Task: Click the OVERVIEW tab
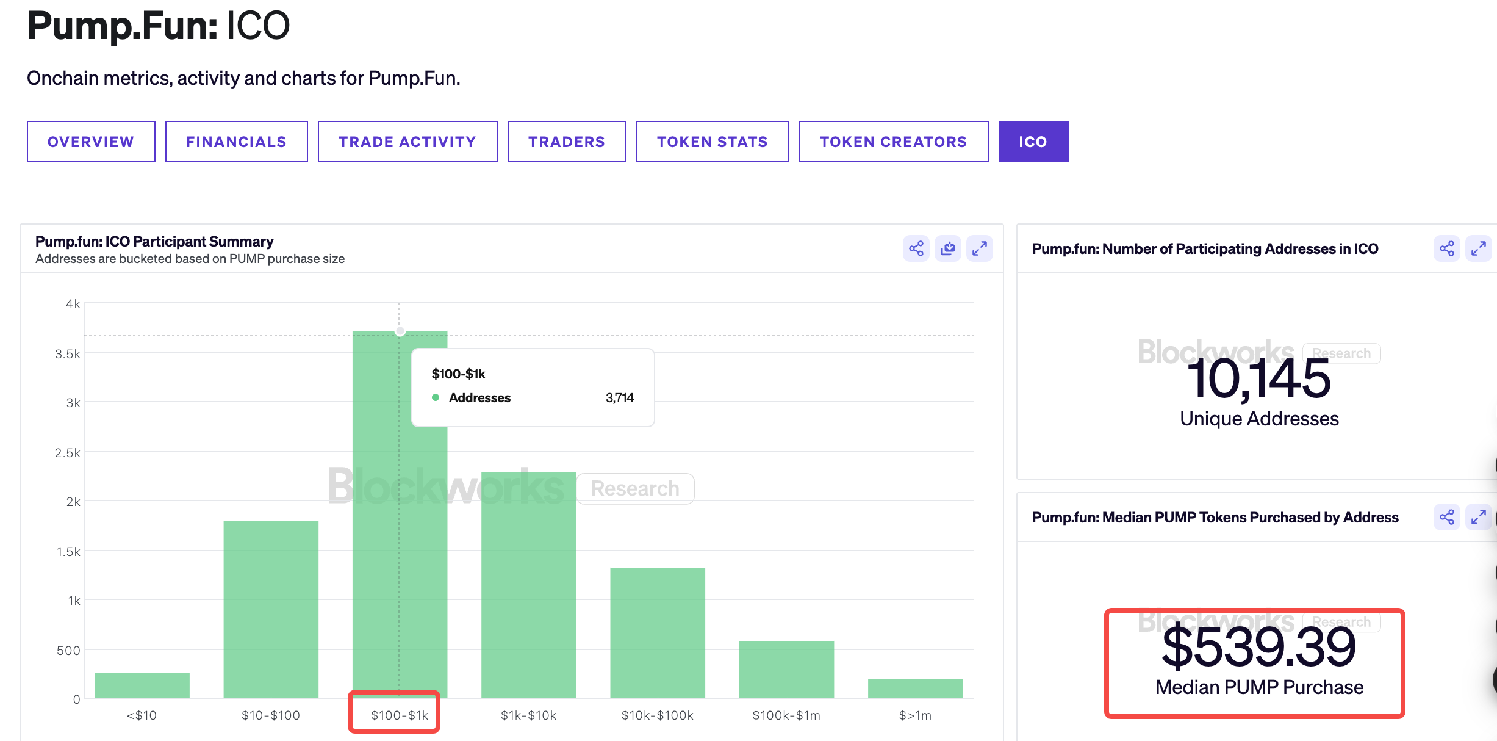91,142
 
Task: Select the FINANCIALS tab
236,142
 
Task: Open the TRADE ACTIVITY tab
407,142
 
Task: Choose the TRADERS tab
567,142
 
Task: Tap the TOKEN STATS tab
713,142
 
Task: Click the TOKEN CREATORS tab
894,142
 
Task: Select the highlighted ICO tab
1033,142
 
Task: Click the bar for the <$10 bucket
142,685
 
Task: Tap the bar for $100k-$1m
786,669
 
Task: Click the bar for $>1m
915,688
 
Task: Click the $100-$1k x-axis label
400,715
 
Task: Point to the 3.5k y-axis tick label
68,354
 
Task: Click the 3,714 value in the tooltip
620,398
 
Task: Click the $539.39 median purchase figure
1258,648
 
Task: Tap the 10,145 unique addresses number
1258,379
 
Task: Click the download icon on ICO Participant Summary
948,248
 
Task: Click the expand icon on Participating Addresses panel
1479,248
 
